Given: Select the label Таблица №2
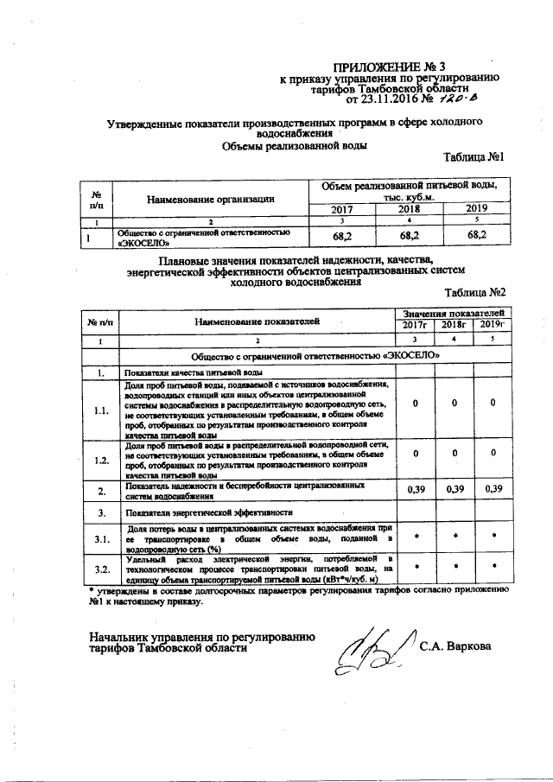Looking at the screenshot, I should tap(474, 293).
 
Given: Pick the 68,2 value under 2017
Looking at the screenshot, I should tap(341, 235).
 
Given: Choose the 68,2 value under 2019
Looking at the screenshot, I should tap(476, 235).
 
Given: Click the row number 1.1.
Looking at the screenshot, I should tap(101, 410).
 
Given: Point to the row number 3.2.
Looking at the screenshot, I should tap(101, 569).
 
